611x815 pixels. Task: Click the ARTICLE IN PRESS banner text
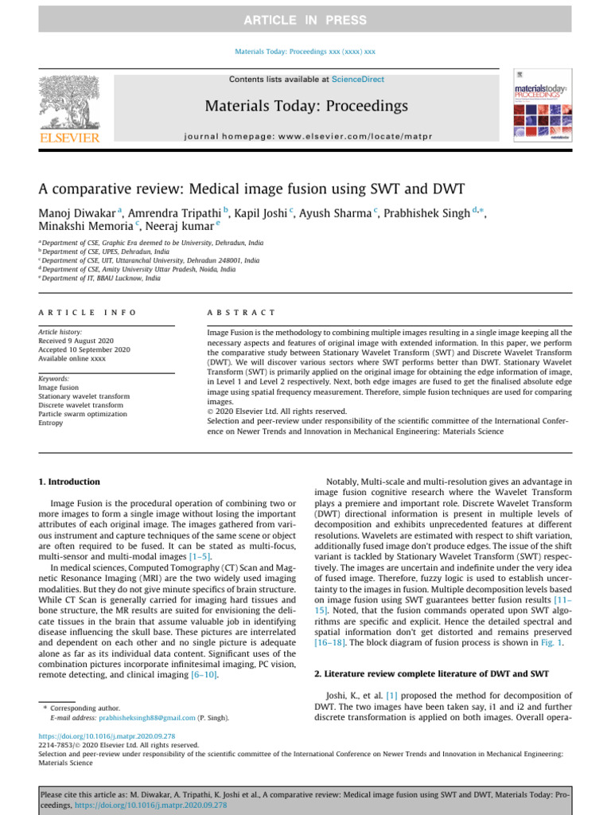click(x=305, y=20)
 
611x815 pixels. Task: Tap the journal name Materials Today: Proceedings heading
click(x=306, y=106)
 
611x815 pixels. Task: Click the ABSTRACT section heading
click(x=241, y=313)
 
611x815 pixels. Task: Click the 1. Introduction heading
click(x=70, y=482)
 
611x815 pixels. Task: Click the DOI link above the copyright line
click(x=107, y=736)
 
